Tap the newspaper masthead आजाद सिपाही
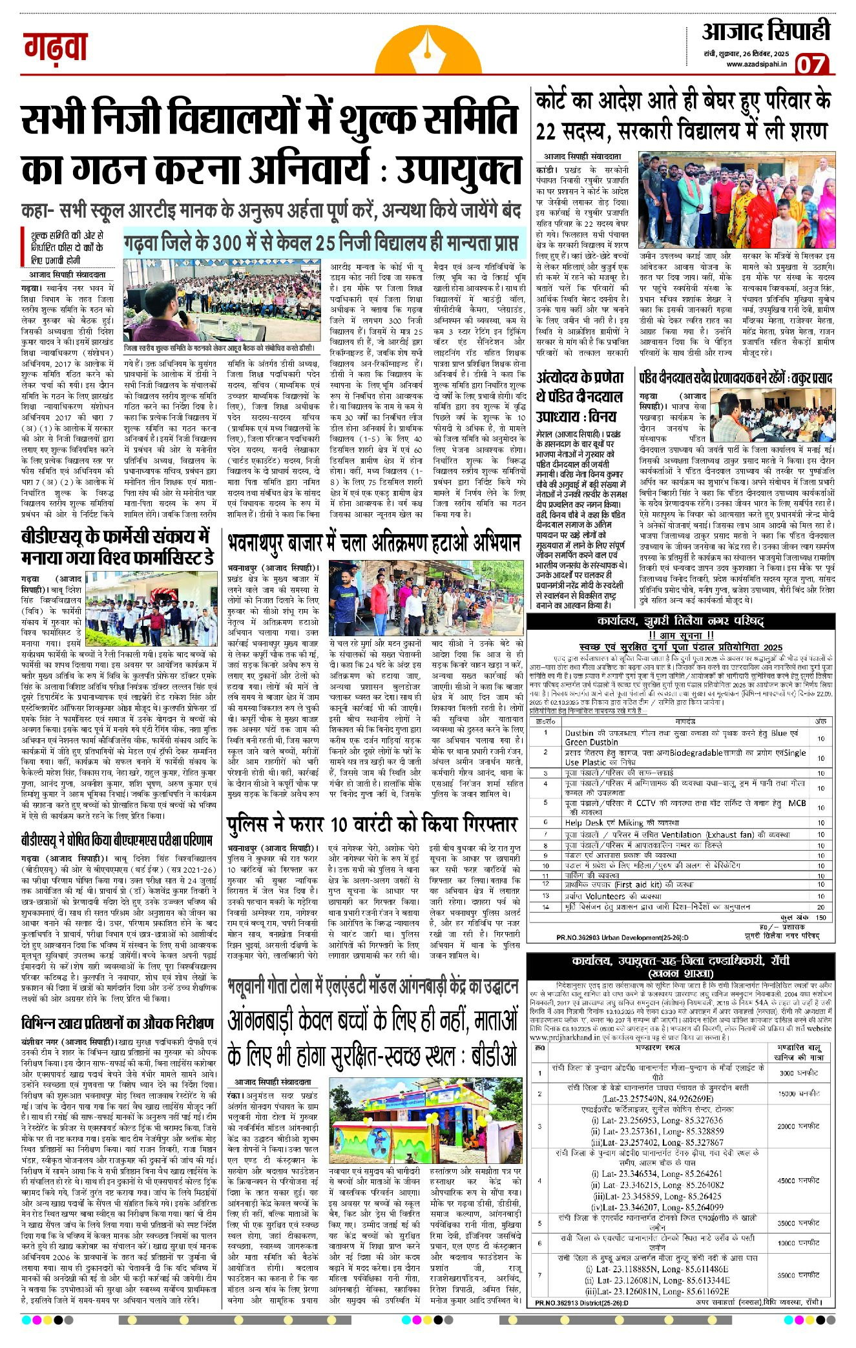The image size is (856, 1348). pyautogui.click(x=766, y=31)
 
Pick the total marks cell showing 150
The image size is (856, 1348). pyautogui.click(x=821, y=917)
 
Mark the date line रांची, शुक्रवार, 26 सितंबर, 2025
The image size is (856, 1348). pyautogui.click(x=747, y=52)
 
